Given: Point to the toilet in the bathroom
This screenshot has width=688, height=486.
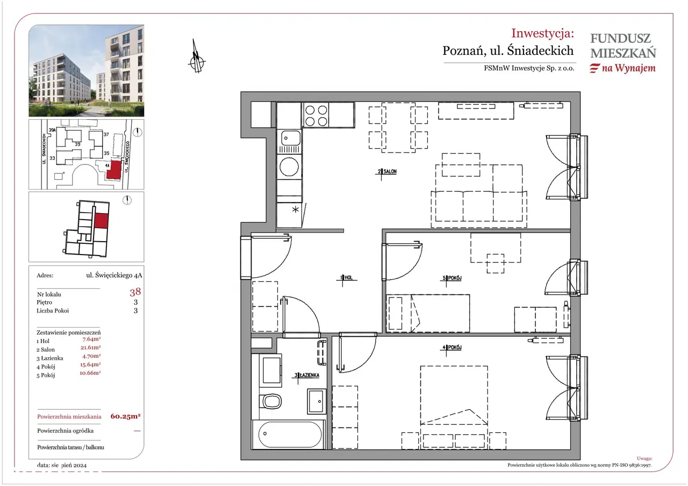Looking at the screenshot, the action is coord(270,401).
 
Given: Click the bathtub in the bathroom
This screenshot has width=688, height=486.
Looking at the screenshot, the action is coord(289,434).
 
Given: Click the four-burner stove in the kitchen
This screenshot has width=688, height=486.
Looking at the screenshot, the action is coord(316,115).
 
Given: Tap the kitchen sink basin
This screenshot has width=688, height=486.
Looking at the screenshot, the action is coord(289,138).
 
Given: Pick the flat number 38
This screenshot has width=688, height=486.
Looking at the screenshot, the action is coord(135,292).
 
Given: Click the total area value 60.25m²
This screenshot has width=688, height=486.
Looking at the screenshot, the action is coord(125,416).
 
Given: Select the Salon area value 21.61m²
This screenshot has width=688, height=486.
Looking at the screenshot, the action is coord(90,347).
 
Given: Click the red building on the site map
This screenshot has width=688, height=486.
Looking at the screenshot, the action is coord(114,170).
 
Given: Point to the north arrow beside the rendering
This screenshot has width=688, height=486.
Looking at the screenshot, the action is coord(197,57).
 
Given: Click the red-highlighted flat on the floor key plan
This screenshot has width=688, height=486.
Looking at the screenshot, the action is coord(101,221).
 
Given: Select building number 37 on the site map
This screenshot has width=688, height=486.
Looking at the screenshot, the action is coord(106,134).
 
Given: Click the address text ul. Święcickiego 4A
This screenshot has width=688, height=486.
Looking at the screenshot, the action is coord(114,275).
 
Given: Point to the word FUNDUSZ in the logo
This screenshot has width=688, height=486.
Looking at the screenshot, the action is coord(620,39).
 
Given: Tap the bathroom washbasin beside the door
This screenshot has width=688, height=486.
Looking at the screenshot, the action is coord(317,401).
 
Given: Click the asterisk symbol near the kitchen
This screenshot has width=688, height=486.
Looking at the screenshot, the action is coord(295,210).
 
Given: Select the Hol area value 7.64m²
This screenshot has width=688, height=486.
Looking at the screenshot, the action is coord(91,339).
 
